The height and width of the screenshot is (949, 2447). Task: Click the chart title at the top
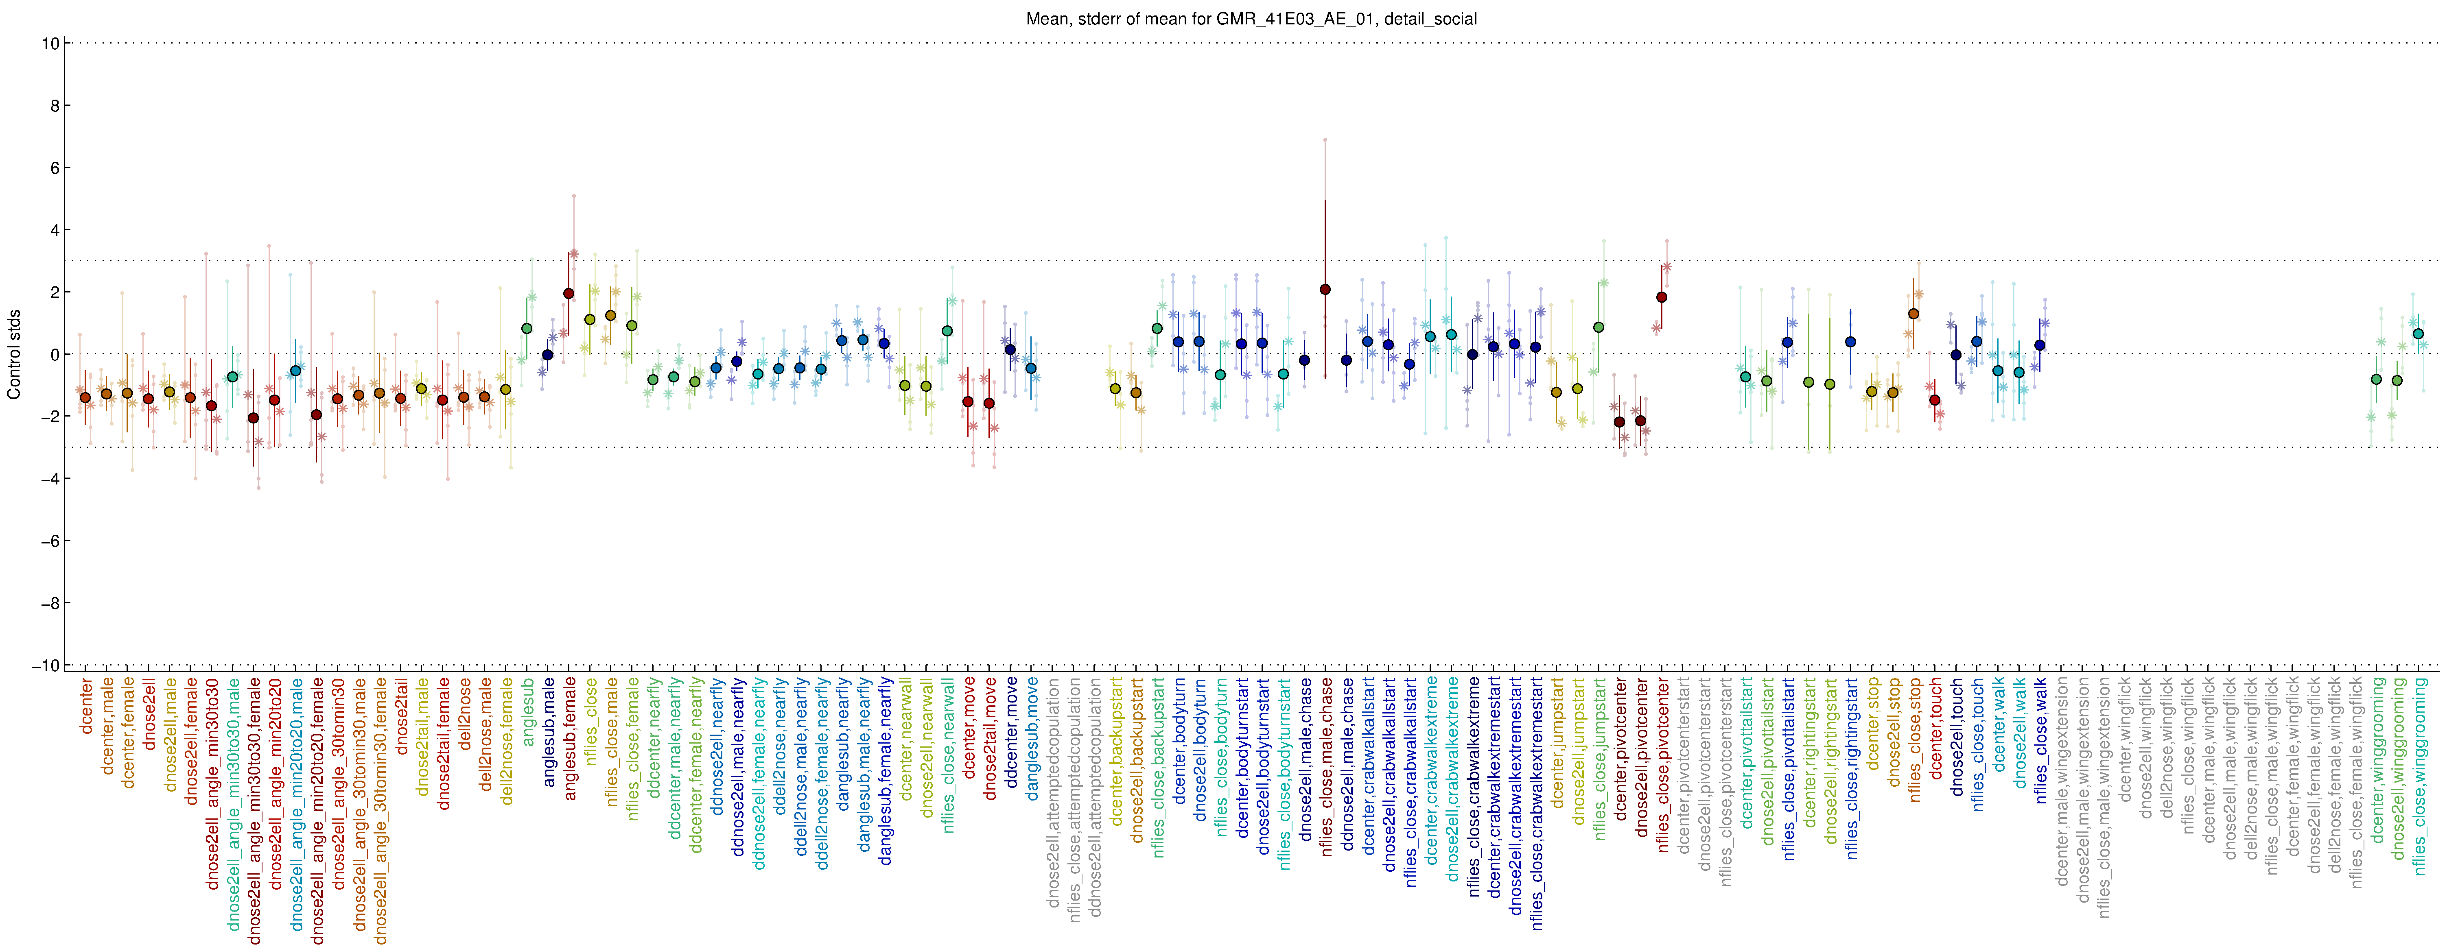click(1251, 19)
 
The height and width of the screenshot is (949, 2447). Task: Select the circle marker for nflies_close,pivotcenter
click(1662, 297)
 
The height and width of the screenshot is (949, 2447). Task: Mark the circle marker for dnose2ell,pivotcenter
click(1640, 421)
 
